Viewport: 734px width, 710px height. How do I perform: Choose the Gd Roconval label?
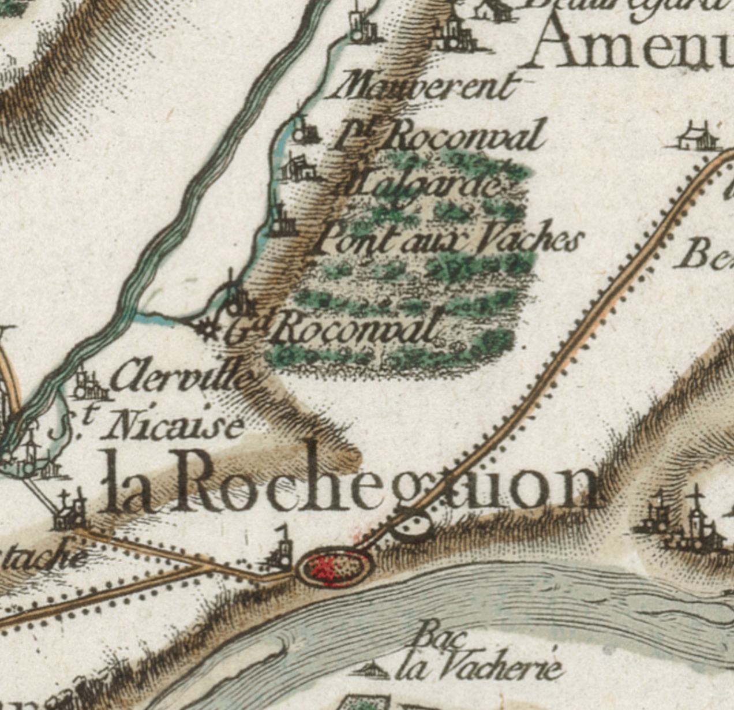[x=335, y=329]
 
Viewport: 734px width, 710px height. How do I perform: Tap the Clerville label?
[x=182, y=375]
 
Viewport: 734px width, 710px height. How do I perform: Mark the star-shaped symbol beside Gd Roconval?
[x=205, y=329]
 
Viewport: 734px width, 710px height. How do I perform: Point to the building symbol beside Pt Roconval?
[x=304, y=132]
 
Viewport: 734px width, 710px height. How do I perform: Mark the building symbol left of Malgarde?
[x=297, y=168]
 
